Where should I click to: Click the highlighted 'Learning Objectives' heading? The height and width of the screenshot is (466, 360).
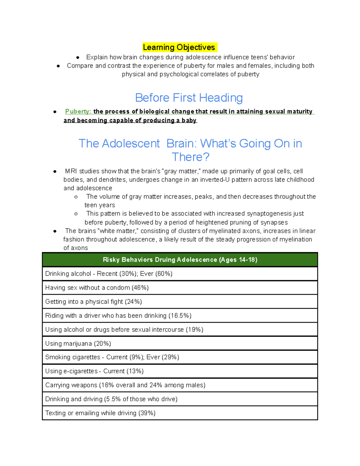point(179,47)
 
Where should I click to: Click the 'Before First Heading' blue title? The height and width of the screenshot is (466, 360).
point(189,98)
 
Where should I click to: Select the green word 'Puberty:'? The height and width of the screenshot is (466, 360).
point(78,111)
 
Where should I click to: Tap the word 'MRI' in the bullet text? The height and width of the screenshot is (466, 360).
point(71,171)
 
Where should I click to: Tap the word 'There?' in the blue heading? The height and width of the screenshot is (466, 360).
point(190,157)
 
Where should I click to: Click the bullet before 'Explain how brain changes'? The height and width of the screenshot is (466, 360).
point(78,57)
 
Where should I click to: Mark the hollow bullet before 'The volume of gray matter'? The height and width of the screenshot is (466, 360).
point(76,197)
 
